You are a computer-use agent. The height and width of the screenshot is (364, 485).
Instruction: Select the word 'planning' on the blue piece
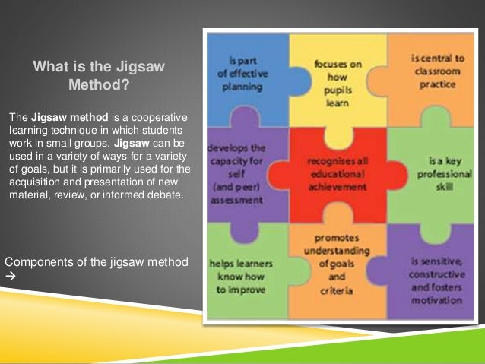(244, 87)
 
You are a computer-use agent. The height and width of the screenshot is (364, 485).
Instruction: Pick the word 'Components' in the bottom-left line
(38, 262)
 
